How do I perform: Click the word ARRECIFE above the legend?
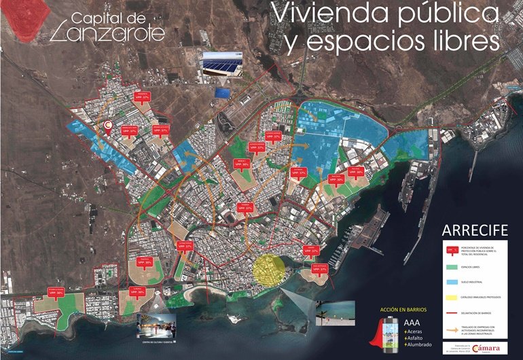[474, 229]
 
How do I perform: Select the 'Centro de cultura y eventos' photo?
[156, 325]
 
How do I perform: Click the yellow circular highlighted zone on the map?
[269, 270]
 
